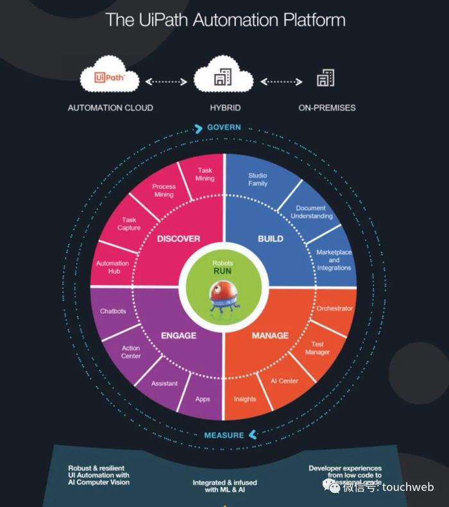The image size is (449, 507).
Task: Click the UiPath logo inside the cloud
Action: pos(110,78)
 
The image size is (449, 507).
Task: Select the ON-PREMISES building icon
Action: pos(325,79)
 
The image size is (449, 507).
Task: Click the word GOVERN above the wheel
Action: pos(224,128)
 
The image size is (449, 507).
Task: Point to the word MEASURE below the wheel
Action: pos(224,435)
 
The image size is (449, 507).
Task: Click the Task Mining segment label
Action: pos(205,174)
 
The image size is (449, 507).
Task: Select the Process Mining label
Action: pos(164,190)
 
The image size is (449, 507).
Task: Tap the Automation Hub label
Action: pos(112,267)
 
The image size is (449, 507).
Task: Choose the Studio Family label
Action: pos(257,179)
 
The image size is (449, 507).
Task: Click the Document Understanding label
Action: pos(312,212)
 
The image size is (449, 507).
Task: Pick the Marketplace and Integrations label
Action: pos(334,260)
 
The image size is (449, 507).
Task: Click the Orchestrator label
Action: pos(335,309)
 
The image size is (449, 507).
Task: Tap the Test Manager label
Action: pos(318,348)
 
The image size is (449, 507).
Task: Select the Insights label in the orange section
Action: pos(245,399)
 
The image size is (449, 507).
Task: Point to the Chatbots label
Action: pos(113,311)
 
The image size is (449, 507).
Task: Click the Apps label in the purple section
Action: pos(203,399)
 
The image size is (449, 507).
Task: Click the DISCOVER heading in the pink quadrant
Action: pos(178,239)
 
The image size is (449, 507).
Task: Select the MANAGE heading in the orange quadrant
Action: pos(270,335)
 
